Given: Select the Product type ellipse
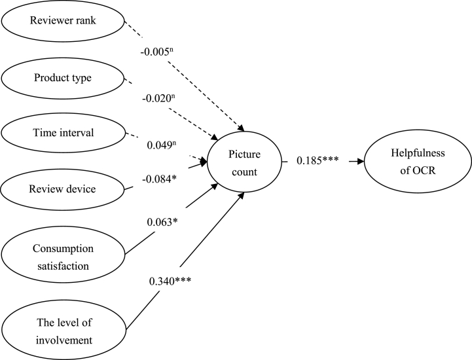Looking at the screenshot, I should pos(62,78).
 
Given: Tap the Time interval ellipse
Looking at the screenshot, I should pos(62,133).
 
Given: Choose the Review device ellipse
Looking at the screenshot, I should pos(62,190).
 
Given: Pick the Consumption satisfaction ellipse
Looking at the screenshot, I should pos(62,257).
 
